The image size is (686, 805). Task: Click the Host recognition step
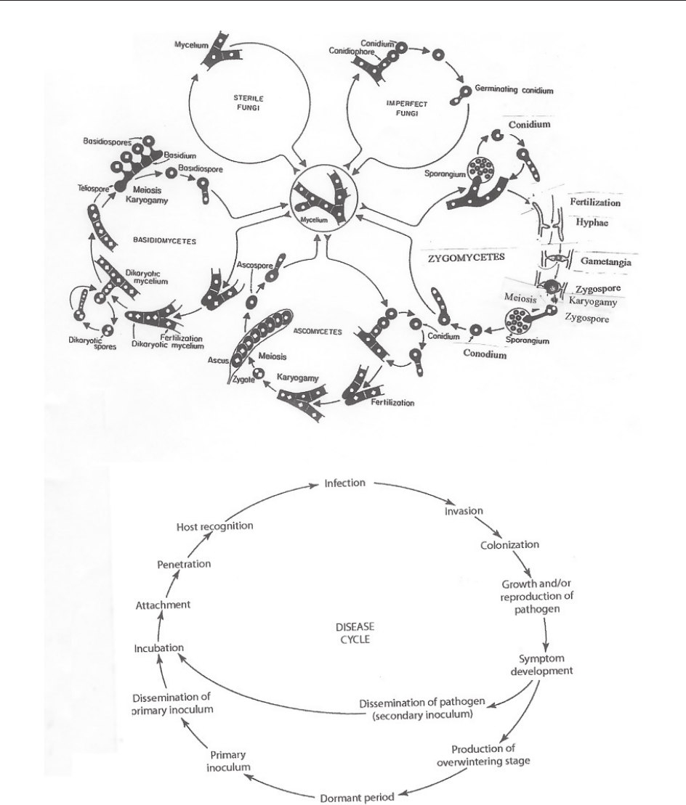tap(215, 526)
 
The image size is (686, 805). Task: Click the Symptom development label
tap(543, 663)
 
